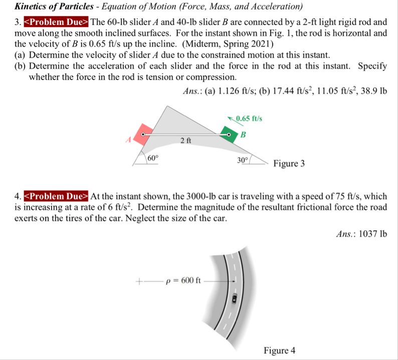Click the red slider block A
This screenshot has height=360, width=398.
(143, 135)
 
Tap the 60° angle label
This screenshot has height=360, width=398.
(153, 158)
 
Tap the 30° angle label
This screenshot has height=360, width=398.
(243, 160)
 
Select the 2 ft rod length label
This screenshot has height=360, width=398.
(185, 141)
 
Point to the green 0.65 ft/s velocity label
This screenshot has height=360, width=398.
(249, 119)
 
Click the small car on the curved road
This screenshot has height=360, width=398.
(234, 299)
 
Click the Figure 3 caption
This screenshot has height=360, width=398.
(289, 164)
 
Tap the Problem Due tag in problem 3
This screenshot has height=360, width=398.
(57, 23)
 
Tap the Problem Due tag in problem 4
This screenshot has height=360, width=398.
(57, 196)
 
